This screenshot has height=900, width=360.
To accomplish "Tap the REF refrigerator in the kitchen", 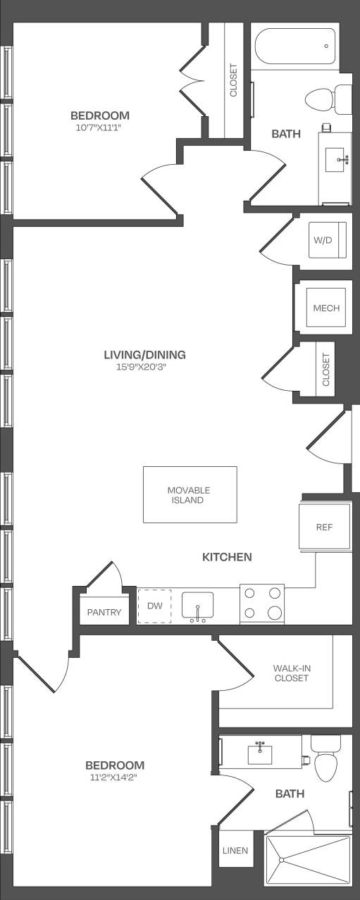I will (324, 527).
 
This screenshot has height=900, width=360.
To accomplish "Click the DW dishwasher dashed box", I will (155, 606).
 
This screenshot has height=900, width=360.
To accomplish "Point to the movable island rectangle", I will (190, 494).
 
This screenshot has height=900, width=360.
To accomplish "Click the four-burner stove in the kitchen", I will (261, 604).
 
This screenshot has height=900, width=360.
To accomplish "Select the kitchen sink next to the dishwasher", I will (198, 606).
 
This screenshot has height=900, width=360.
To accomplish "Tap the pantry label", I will (104, 613).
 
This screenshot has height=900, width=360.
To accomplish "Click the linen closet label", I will (235, 851).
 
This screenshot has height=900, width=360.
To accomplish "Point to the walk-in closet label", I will (291, 673).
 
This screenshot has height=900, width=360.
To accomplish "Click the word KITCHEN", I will (227, 557).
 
